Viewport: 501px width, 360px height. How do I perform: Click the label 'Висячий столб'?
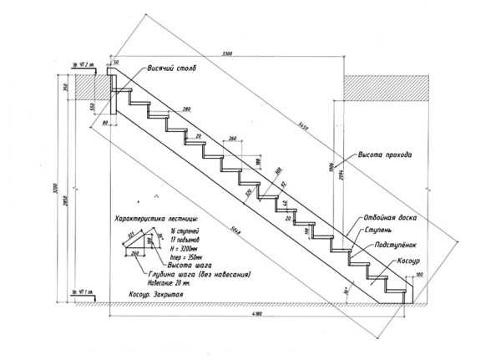tap(173, 68)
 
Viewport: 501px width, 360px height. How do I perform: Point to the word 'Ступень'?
tap(380, 229)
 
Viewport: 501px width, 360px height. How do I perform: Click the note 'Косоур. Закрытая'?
tap(157, 296)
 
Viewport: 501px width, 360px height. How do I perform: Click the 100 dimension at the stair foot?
tap(418, 273)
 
